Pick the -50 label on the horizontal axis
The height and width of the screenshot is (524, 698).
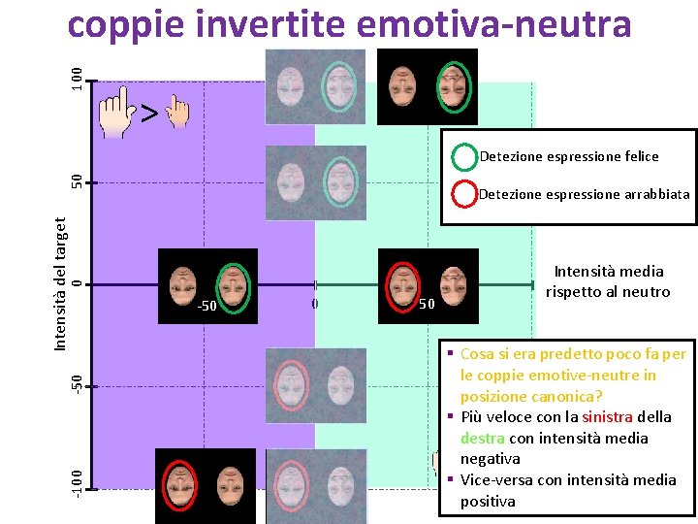[206, 308]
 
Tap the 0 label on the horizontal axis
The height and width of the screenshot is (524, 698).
[315, 304]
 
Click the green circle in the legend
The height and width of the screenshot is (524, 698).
[465, 156]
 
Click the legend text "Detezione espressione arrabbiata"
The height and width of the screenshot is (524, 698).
[585, 194]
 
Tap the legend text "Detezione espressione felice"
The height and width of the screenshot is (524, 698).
[569, 156]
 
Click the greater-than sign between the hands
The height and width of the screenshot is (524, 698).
[148, 115]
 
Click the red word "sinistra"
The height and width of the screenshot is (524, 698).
[607, 417]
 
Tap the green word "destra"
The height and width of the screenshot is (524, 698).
[481, 438]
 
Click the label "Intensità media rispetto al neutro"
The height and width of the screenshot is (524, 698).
[608, 282]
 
